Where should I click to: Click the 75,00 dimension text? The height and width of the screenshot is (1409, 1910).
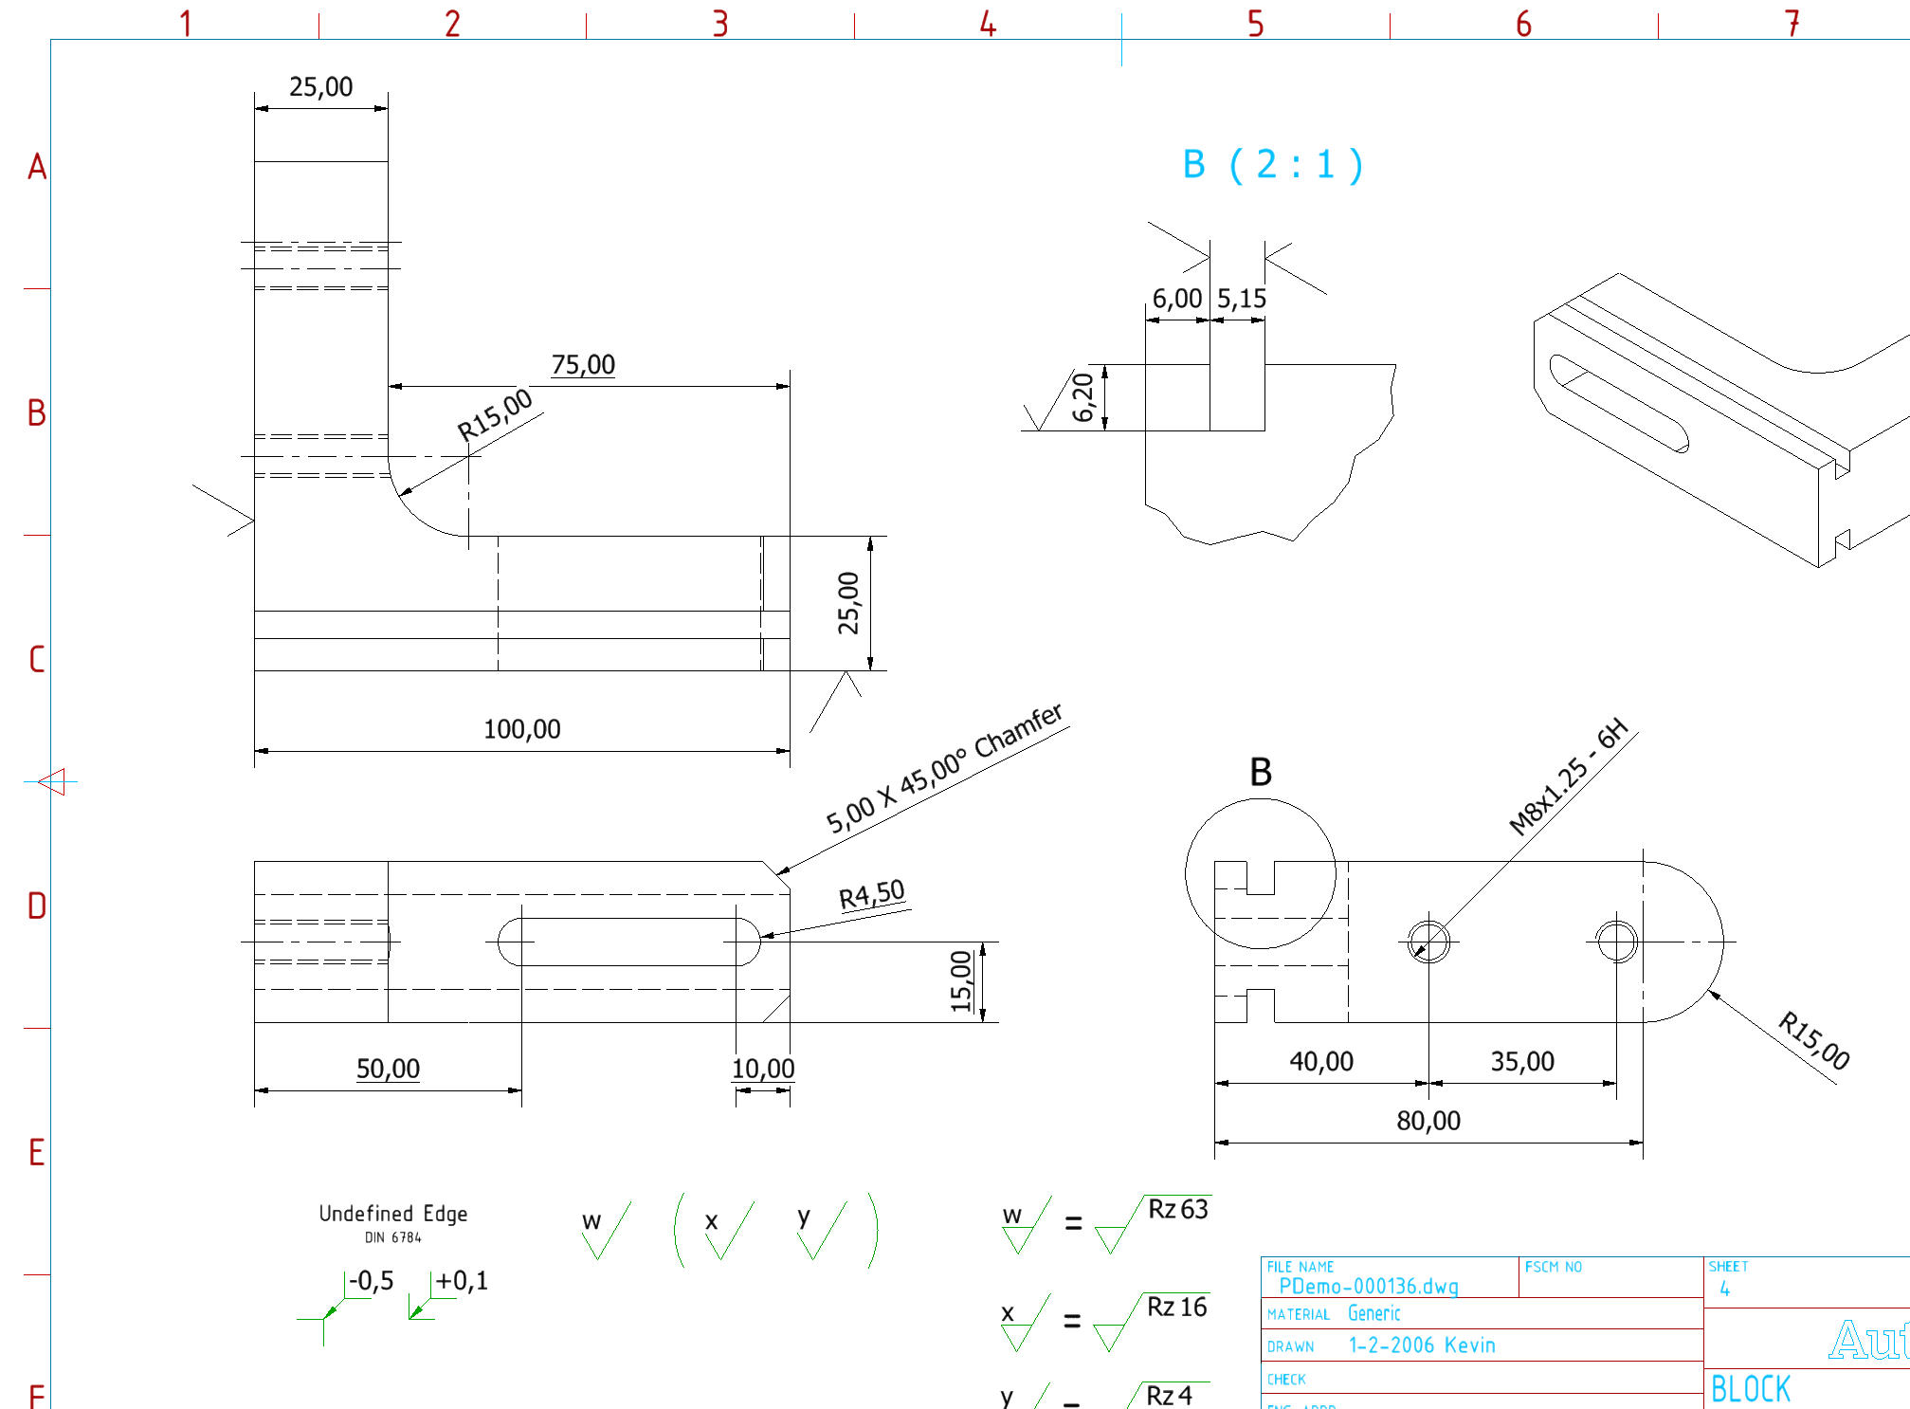pos(583,365)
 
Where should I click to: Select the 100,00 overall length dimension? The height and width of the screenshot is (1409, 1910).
pos(521,729)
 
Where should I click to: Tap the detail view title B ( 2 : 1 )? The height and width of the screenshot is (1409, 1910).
pos(1272,165)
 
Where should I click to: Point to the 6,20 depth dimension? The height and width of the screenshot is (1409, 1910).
pos(1083,397)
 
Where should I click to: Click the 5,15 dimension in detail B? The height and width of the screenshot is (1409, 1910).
pos(1241,300)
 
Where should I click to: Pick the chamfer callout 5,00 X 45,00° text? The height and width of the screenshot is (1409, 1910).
pos(943,769)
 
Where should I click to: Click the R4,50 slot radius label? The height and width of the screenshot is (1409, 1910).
pos(871,895)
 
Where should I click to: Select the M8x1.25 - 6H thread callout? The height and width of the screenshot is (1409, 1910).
pos(1568,777)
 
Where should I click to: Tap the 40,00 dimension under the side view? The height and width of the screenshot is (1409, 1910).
pos(1320,1061)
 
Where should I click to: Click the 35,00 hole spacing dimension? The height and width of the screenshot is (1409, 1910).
pos(1521,1061)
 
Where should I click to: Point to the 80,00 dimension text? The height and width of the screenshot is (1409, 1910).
pos(1428,1121)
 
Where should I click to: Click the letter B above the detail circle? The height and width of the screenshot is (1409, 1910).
pos(1260,772)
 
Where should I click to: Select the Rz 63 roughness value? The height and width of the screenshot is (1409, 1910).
pos(1177,1210)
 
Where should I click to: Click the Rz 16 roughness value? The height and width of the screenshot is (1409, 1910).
pos(1176,1308)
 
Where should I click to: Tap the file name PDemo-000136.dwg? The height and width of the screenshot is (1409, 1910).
pos(1368,1287)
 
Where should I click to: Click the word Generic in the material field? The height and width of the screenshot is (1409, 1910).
pos(1373,1313)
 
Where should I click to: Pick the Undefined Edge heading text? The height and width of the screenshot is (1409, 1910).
pos(392,1214)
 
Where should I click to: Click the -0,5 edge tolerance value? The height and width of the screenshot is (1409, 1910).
pos(371,1281)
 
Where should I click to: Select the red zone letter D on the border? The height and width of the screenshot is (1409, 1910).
pos(36,906)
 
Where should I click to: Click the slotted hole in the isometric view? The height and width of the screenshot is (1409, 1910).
pos(1619,403)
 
